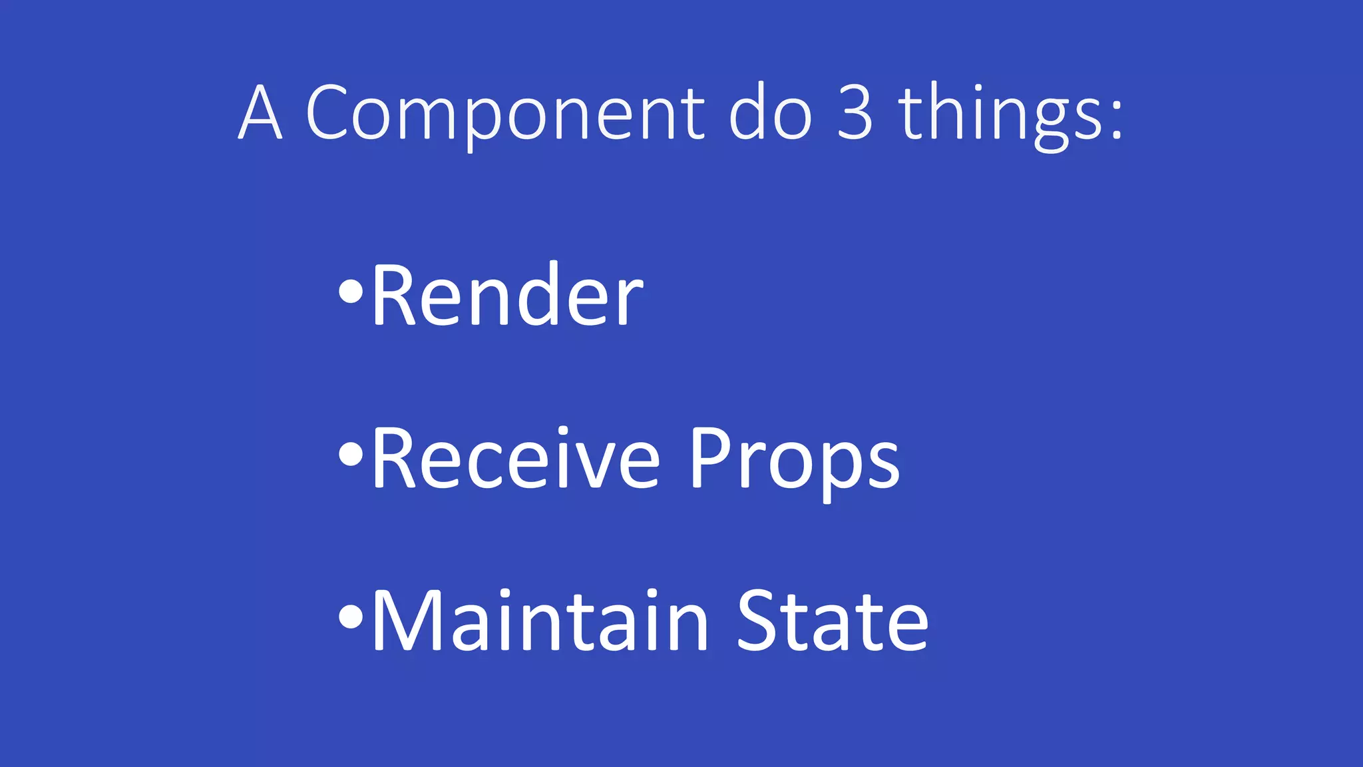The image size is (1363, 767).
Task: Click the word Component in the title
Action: (x=505, y=113)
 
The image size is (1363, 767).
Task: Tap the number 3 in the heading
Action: (x=855, y=113)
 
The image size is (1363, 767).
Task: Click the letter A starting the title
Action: (x=260, y=113)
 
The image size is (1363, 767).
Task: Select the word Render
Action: (x=507, y=295)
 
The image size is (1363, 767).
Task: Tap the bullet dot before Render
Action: (x=351, y=291)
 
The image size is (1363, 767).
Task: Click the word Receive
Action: (x=516, y=458)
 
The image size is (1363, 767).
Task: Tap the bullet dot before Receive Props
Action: (x=351, y=454)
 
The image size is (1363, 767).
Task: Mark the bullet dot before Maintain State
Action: (x=351, y=617)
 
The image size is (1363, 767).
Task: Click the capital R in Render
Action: (x=395, y=295)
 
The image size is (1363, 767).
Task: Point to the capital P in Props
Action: (x=711, y=458)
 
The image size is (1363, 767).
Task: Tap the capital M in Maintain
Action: (x=407, y=621)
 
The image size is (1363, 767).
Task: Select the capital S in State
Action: (x=759, y=621)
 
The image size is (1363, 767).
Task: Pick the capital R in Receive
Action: (x=395, y=458)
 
